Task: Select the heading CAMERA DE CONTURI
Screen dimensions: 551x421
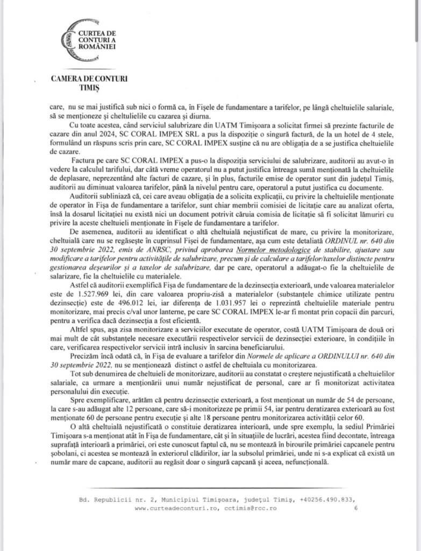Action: [89, 78]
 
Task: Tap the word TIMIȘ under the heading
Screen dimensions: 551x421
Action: [90, 87]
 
